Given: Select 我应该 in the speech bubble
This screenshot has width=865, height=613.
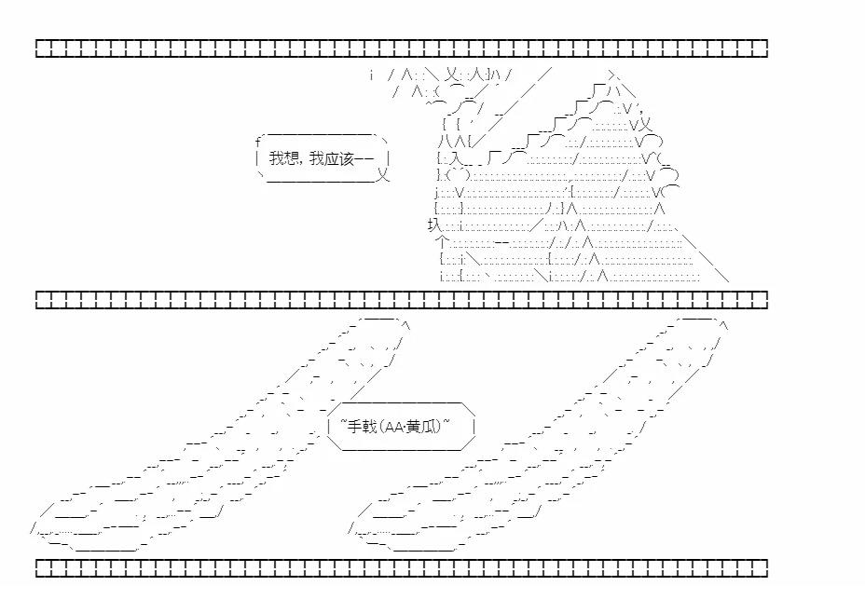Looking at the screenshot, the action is point(332,158).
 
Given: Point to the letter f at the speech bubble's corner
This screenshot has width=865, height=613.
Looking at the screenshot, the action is point(257,143).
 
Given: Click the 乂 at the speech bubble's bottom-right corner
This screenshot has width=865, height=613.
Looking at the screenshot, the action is point(383,176).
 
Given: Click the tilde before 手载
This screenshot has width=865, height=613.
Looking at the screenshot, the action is point(343,423).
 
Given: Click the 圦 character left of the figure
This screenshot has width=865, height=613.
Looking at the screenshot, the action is point(434,225).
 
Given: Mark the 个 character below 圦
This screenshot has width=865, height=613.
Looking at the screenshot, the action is point(442,241).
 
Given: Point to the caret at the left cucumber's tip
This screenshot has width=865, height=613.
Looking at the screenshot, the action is point(406,326).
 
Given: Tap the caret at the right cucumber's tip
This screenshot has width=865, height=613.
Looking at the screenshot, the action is point(724,326).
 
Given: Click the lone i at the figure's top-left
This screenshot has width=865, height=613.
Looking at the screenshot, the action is point(372,75).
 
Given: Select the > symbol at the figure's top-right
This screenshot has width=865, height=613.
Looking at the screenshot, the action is point(612,75).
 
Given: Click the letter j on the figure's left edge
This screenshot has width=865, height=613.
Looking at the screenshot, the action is point(436,193).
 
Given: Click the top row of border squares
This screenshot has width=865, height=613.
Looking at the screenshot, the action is point(402,48).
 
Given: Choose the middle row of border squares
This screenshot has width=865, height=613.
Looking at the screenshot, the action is point(402,300).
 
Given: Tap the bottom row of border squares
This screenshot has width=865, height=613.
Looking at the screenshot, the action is point(402,568).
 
